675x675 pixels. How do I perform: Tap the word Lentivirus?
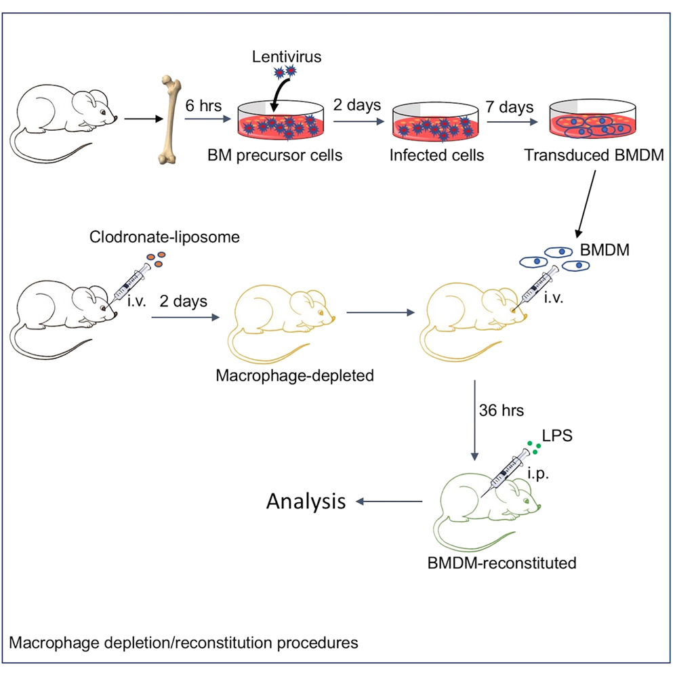[287, 57]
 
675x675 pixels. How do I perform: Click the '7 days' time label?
[509, 107]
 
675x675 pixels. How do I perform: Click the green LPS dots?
[535, 447]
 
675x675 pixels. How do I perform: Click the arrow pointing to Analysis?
[390, 502]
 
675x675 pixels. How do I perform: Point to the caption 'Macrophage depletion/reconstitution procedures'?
[184, 641]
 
